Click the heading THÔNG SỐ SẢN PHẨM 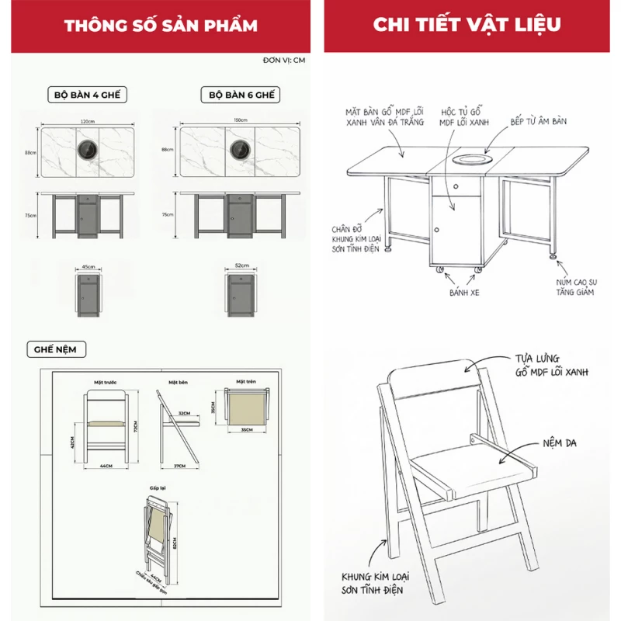point(161,26)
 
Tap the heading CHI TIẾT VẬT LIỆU point(467,24)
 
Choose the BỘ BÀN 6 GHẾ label point(241,95)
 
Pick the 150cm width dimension point(240,120)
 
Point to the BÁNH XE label point(465,294)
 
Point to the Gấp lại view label point(158,487)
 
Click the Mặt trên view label point(245,383)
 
